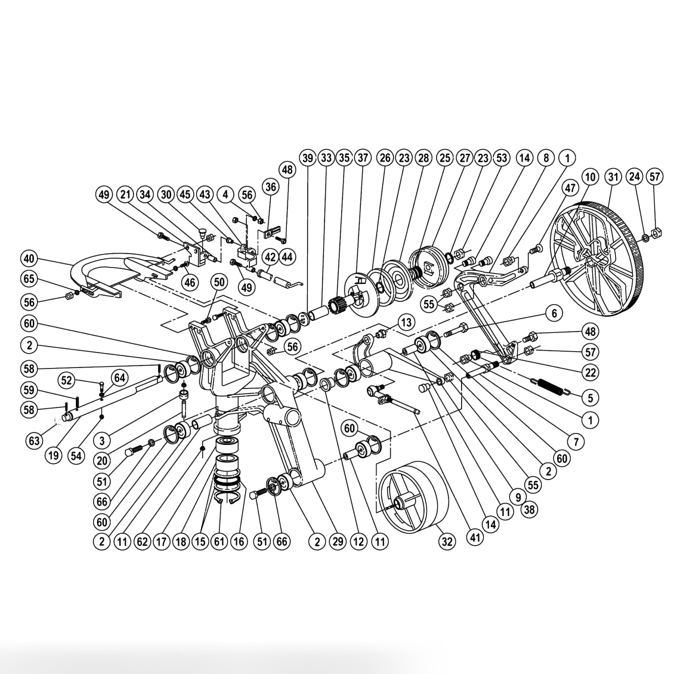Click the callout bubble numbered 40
click(29, 259)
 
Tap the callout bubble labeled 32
click(447, 541)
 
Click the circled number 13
click(406, 323)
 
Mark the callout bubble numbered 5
click(590, 397)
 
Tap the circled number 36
click(271, 187)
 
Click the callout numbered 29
click(339, 541)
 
